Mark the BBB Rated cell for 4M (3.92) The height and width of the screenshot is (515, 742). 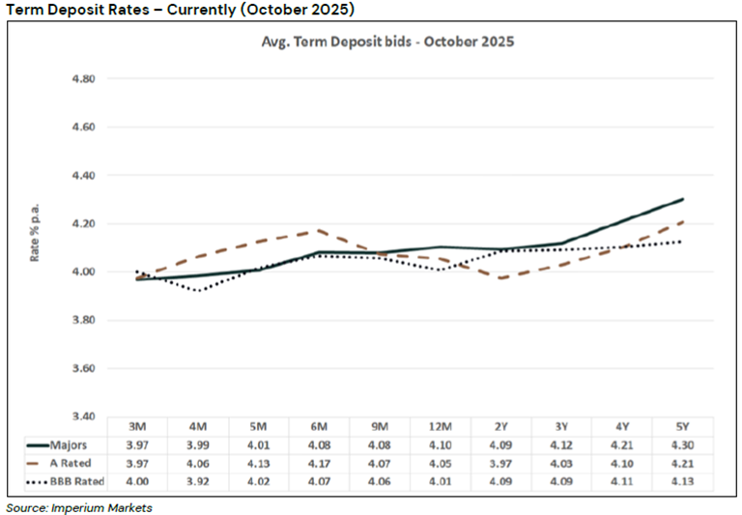198,481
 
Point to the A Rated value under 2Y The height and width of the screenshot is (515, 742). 501,463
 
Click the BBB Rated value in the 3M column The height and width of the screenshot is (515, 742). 137,481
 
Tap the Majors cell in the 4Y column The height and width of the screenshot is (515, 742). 623,444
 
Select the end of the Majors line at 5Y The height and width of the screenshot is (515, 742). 683,200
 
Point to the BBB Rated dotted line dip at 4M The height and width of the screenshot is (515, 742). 198,291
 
